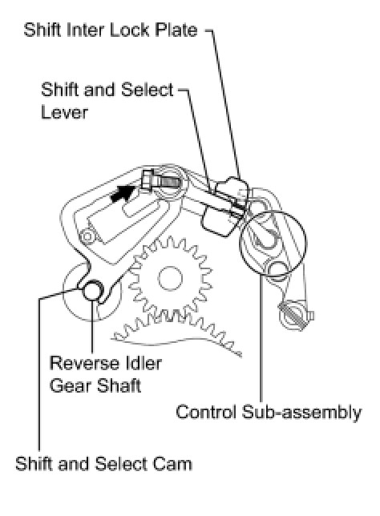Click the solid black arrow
pos(123,194)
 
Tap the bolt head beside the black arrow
pos(148,180)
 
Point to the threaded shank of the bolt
pos(167,180)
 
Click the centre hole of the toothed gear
pos(170,278)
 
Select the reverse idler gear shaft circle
pos(92,290)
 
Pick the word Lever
pos(64,112)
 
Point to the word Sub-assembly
pos(301,413)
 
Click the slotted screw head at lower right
pos(292,315)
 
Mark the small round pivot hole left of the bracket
pos(87,236)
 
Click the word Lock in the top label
pos(129,30)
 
